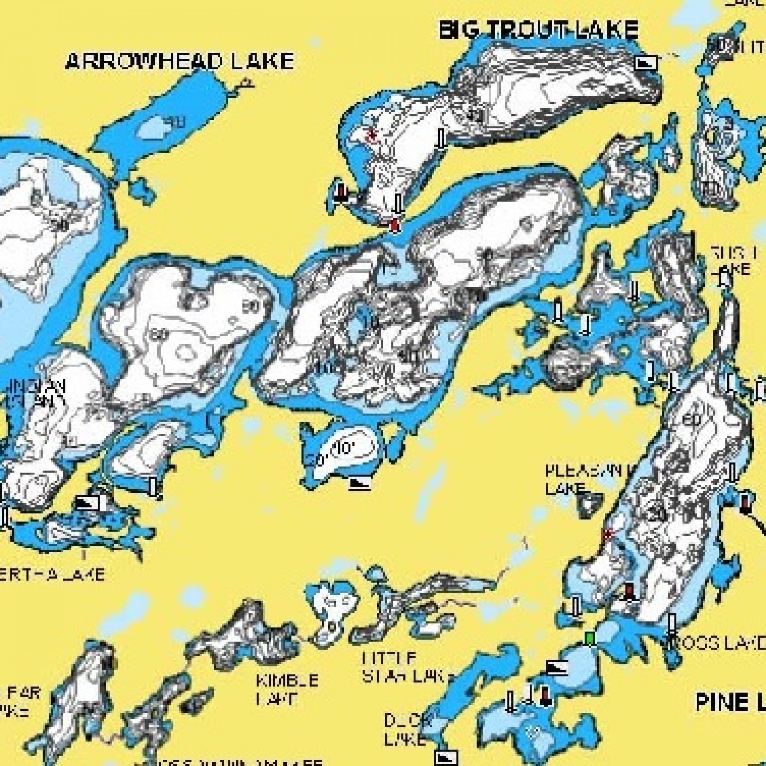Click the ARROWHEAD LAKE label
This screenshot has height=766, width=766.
179,61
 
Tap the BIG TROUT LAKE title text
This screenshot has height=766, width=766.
538,30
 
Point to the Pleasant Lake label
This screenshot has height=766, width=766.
587,480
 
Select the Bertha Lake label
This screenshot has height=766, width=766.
52,574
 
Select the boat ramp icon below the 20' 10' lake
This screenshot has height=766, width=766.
360,483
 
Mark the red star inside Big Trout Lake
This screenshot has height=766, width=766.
372,136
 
